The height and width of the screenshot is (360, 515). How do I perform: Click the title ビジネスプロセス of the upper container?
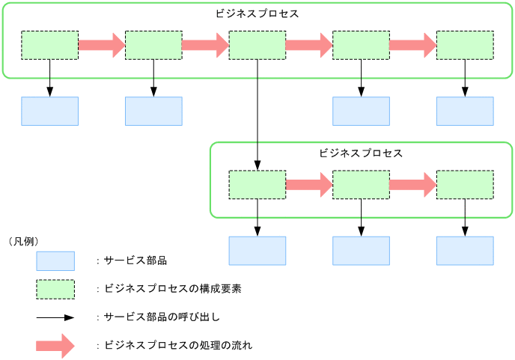pyautogui.click(x=257, y=13)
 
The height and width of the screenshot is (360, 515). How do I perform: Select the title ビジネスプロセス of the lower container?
pyautogui.click(x=361, y=153)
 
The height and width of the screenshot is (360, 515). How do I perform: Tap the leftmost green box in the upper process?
pyautogui.click(x=49, y=45)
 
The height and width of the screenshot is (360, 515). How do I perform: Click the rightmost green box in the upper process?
pyautogui.click(x=465, y=45)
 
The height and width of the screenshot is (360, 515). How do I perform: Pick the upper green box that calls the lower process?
pyautogui.click(x=257, y=45)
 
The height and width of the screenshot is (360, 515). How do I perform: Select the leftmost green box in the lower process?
pyautogui.click(x=257, y=185)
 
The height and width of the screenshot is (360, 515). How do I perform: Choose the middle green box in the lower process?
pyautogui.click(x=361, y=185)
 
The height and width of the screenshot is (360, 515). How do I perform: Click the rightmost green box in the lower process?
pyautogui.click(x=465, y=185)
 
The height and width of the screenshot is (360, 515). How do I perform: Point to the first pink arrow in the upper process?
pyautogui.click(x=101, y=45)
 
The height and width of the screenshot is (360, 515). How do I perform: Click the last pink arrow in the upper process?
pyautogui.click(x=412, y=45)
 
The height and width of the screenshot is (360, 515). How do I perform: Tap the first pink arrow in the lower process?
pyautogui.click(x=308, y=185)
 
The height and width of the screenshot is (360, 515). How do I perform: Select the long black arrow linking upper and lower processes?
pyautogui.click(x=257, y=112)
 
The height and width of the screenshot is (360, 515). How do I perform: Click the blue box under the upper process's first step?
pyautogui.click(x=49, y=111)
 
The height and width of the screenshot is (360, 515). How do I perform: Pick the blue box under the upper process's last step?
pyautogui.click(x=465, y=111)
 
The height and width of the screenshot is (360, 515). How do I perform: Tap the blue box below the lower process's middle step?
pyautogui.click(x=361, y=251)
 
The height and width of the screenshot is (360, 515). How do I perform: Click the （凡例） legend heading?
pyautogui.click(x=23, y=241)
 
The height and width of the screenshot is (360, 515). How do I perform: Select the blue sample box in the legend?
pyautogui.click(x=55, y=260)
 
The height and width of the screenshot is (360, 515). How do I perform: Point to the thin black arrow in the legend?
pyautogui.click(x=55, y=317)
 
